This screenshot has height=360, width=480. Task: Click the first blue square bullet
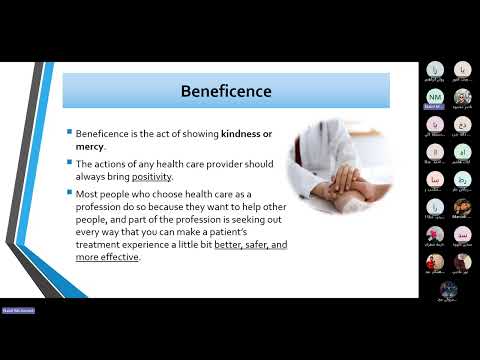pyautogui.click(x=71, y=133)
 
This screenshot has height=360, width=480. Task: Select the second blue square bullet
pyautogui.click(x=71, y=162)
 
